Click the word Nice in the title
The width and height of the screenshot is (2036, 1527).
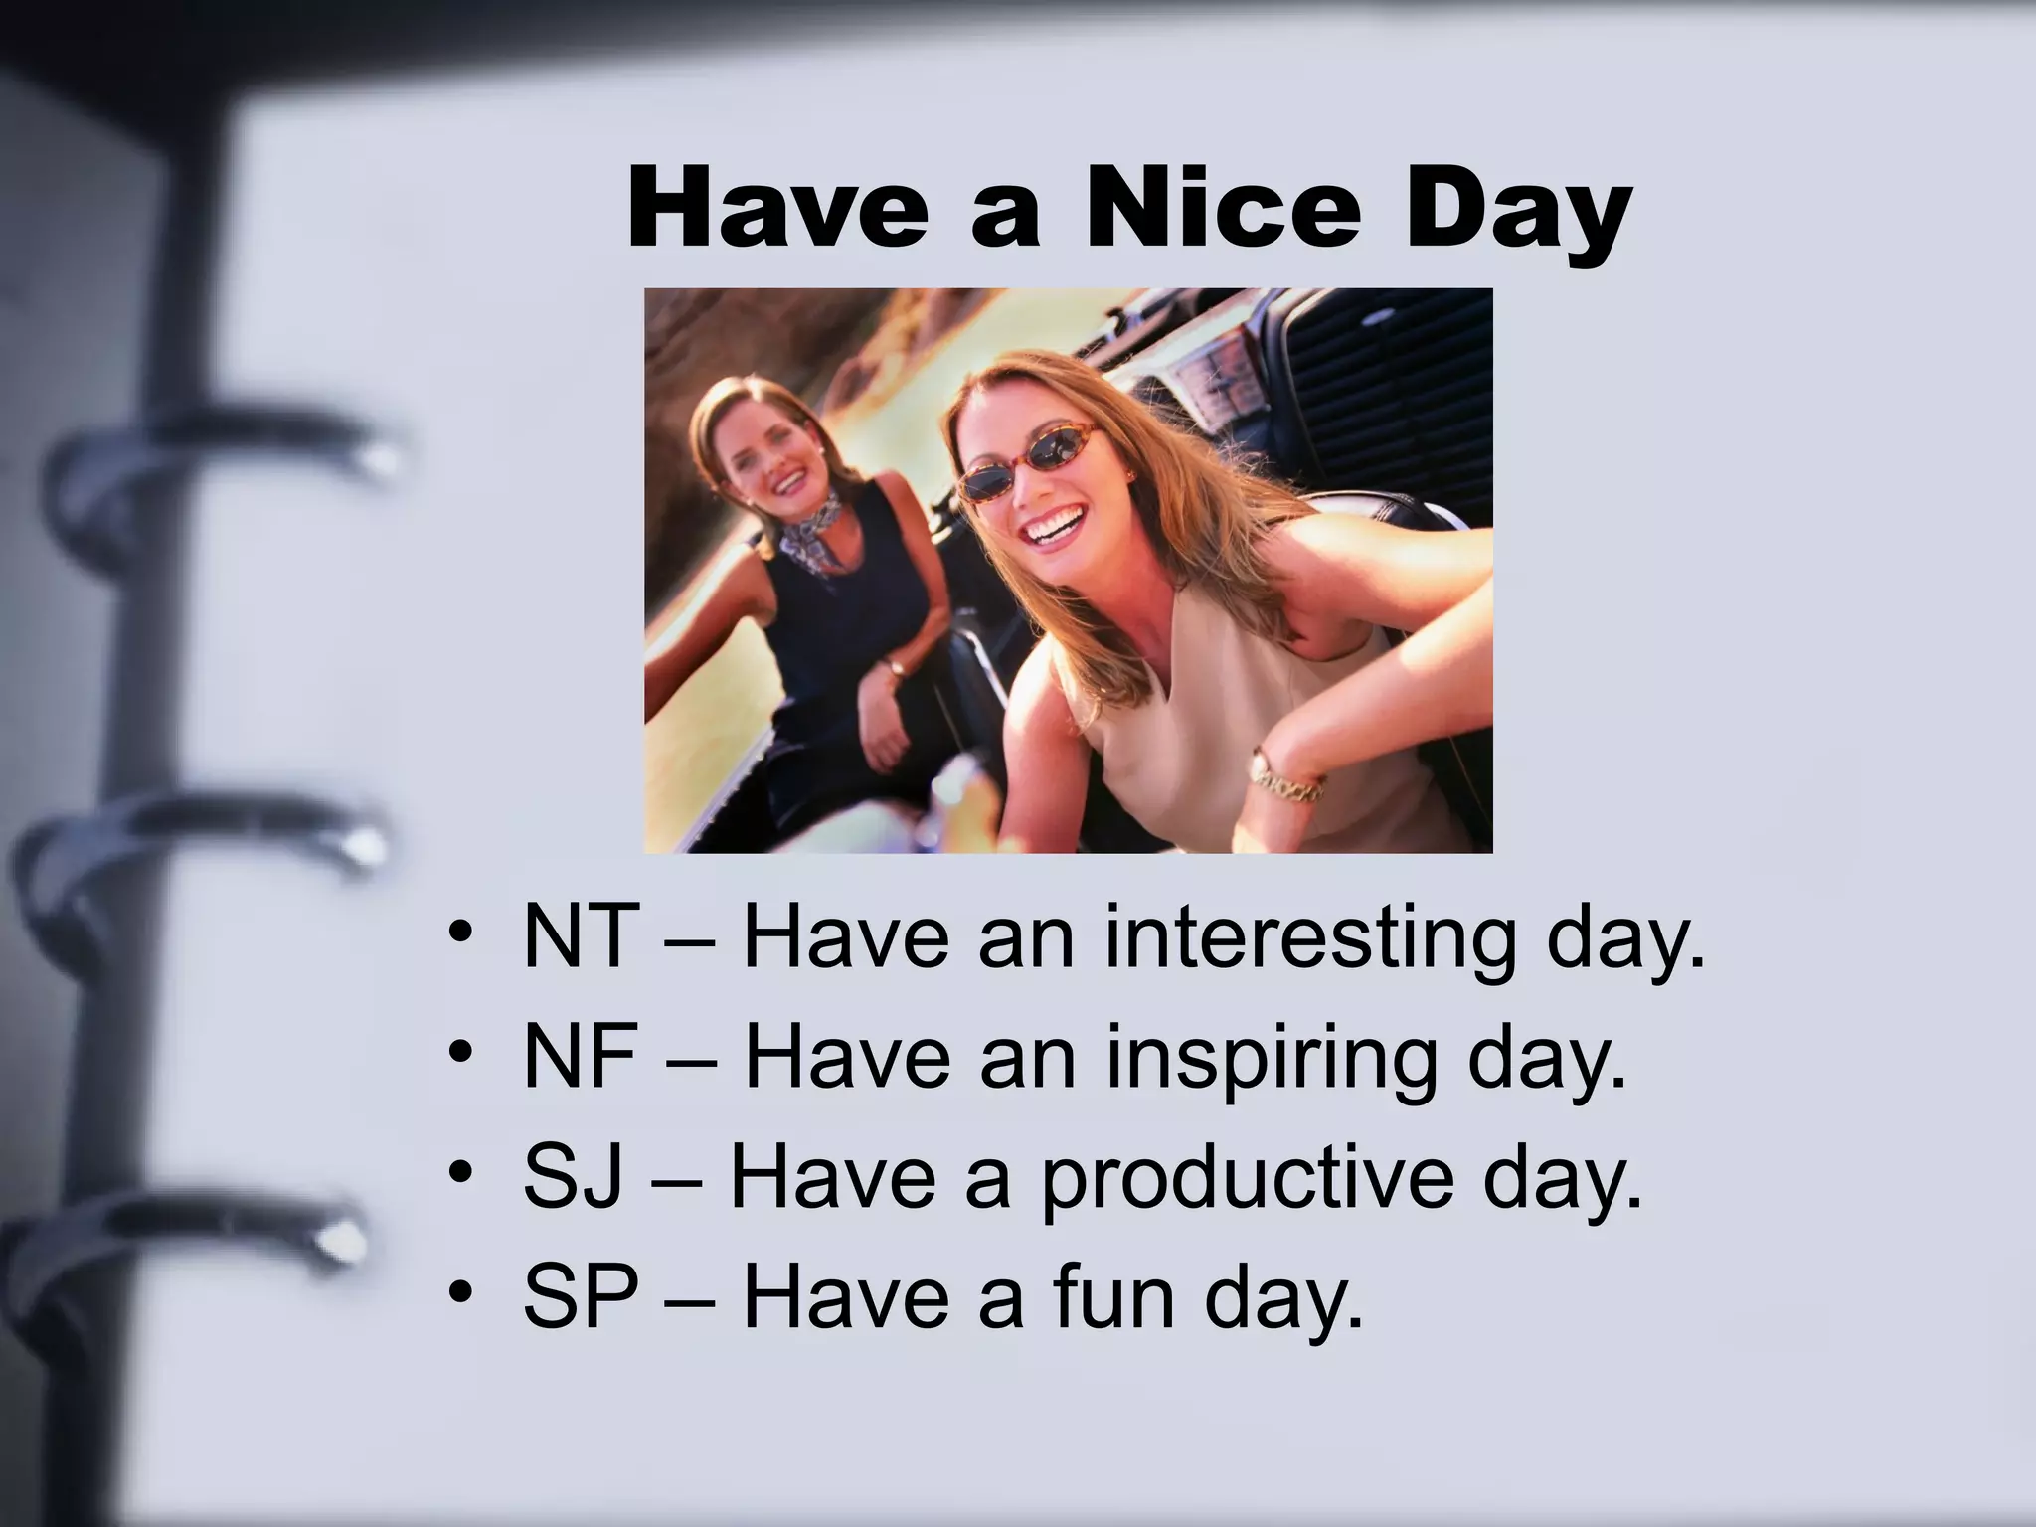click(x=1222, y=211)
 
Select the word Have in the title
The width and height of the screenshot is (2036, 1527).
click(x=776, y=211)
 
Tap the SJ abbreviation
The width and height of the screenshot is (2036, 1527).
click(x=574, y=1177)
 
